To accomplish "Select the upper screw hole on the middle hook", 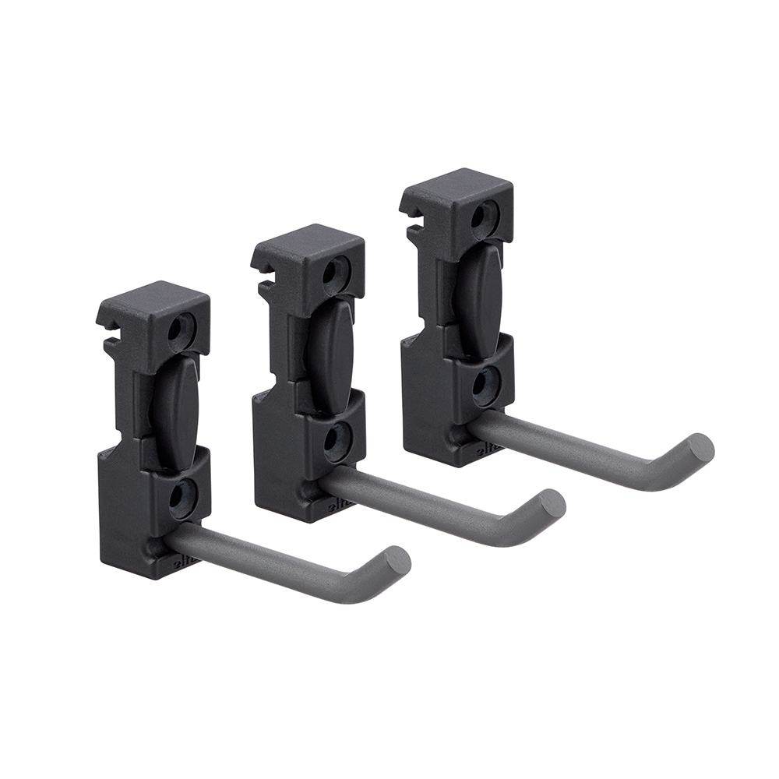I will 336,272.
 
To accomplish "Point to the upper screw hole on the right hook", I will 488,213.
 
